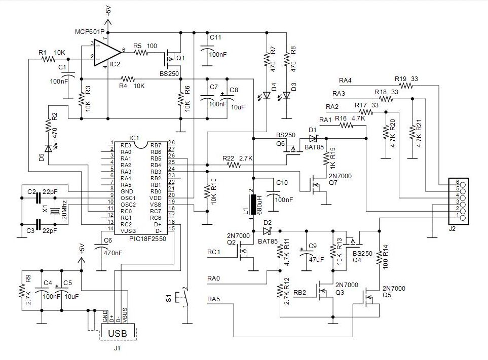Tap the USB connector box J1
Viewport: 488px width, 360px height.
119,332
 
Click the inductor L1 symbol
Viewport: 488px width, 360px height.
252,204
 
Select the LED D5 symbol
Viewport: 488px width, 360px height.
48,148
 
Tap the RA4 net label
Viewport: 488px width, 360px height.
345,81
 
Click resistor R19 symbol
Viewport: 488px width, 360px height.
405,86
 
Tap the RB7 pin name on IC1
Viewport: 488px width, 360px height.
156,145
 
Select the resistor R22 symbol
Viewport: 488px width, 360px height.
234,165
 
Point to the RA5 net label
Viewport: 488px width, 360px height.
214,299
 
